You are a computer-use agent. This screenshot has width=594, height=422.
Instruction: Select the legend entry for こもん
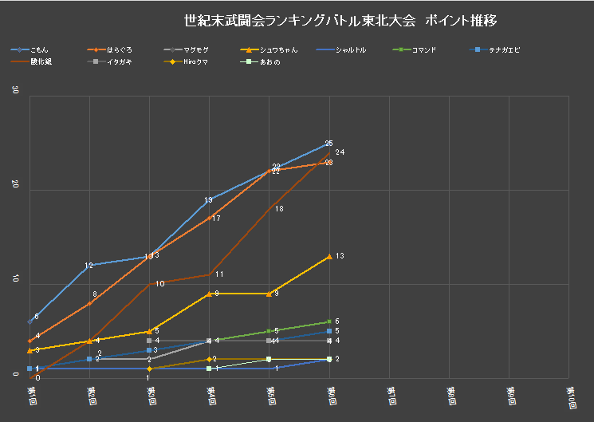coord(39,50)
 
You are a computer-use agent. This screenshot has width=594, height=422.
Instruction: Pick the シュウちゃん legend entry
coord(280,50)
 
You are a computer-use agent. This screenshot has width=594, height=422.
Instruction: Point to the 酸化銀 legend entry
coord(41,61)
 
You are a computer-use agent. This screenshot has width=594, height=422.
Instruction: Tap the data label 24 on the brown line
coord(340,152)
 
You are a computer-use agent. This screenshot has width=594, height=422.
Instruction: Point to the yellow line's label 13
coord(340,256)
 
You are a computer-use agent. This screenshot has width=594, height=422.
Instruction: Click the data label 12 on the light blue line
coord(89,265)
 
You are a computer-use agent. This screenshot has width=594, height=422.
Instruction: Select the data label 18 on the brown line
coord(279,208)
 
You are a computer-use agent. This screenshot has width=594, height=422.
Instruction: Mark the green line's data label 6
coord(337,321)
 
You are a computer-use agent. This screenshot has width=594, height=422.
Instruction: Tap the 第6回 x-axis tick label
coord(331,395)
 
